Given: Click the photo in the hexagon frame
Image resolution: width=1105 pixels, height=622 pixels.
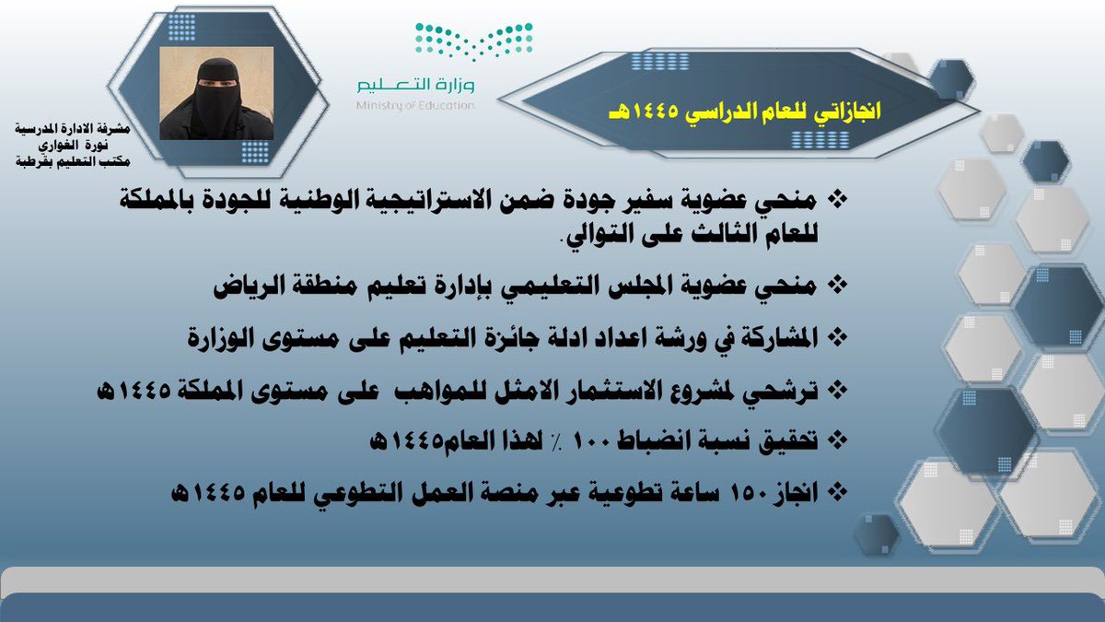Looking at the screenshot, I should pos(217,93).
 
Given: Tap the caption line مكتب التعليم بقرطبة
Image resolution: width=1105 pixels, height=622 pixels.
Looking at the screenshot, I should pos(73,160).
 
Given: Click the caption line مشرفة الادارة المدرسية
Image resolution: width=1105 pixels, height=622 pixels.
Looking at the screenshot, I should pos(73,130).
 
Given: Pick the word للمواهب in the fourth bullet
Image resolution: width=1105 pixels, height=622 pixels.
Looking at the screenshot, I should pos(448,391).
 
